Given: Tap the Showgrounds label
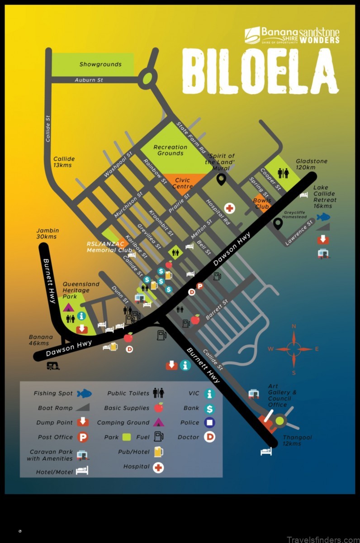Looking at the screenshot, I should click(100, 64).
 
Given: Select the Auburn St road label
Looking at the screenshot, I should click(89, 80).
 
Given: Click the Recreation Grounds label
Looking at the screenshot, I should click(170, 150).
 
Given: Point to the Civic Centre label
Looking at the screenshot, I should click(182, 183).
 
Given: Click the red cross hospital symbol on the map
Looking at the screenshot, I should click(230, 208).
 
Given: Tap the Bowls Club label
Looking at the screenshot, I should click(262, 203).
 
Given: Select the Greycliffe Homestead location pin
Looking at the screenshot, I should click(278, 223).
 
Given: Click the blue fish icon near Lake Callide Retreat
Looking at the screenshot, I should click(323, 217).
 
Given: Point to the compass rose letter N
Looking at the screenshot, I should click(294, 326).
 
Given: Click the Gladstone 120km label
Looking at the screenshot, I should click(312, 164).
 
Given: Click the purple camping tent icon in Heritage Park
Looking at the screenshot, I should click(68, 307).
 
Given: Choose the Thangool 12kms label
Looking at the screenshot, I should click(297, 441).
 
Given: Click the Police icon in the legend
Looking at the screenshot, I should click(209, 423).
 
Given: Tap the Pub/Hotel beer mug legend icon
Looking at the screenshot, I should click(158, 452).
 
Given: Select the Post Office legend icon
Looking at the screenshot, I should click(82, 437).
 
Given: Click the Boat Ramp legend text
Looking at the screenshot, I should click(55, 408).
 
